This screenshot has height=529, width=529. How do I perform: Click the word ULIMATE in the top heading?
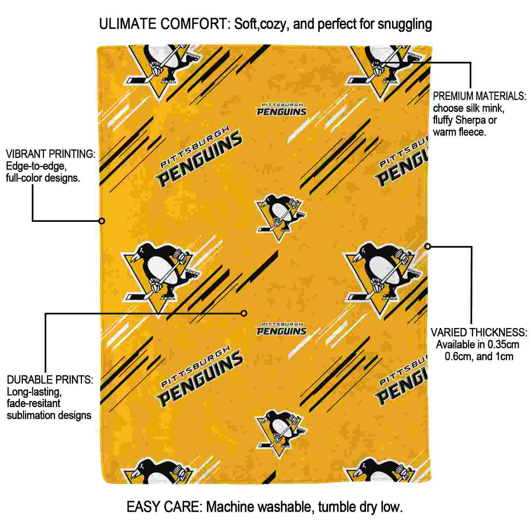[x=128, y=24]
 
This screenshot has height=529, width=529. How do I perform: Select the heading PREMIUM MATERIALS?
[x=479, y=96]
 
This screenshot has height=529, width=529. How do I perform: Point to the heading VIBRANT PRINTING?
[x=51, y=154]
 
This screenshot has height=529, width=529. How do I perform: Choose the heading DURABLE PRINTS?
[x=50, y=380]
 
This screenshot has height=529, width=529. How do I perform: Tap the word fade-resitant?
[x=33, y=403]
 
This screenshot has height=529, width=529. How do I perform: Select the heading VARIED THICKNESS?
[x=479, y=332]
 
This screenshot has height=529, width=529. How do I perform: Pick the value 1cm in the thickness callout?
[x=504, y=356]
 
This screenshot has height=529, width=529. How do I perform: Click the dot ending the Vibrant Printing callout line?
[x=102, y=221]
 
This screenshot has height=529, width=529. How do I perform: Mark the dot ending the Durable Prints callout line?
[x=244, y=313]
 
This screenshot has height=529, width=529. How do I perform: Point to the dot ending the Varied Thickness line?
[x=428, y=246]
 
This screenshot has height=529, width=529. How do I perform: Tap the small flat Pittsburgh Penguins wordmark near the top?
[x=282, y=109]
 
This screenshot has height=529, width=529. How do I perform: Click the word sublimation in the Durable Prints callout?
[x=29, y=415]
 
